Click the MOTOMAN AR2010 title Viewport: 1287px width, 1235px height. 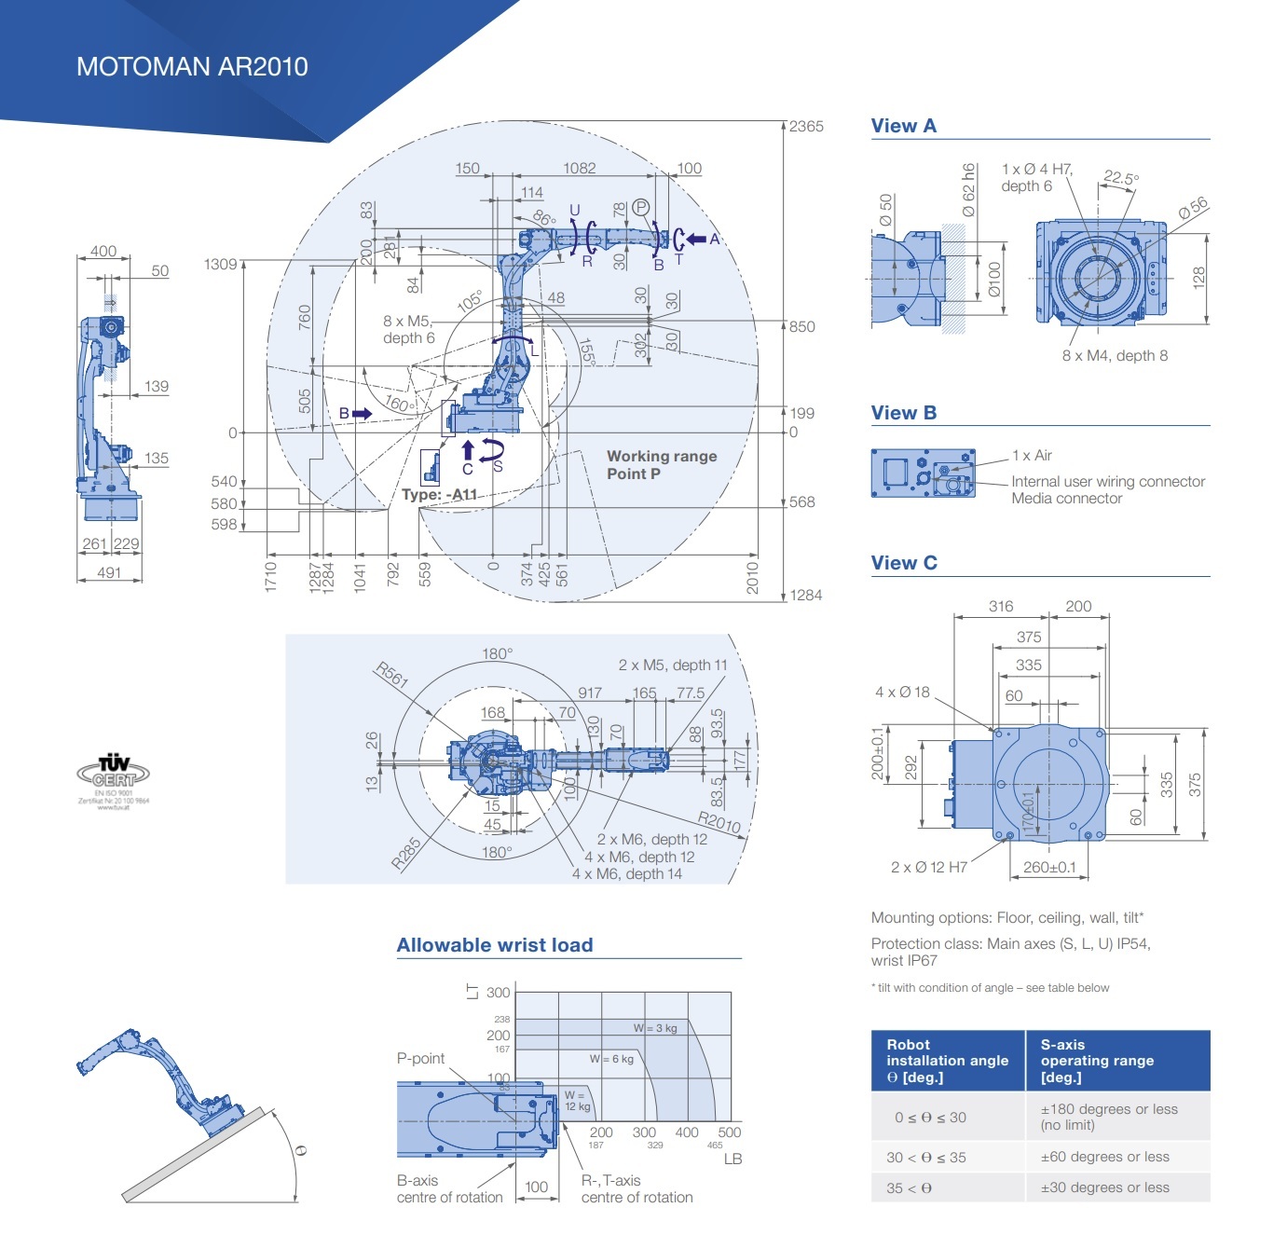[192, 67]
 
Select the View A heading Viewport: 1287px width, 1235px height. [903, 126]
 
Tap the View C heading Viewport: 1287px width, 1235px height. [904, 563]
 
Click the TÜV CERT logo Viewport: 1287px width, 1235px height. [114, 774]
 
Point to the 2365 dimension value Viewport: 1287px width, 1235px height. [806, 127]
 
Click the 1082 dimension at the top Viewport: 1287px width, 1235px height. [579, 169]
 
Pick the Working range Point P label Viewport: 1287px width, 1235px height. [662, 464]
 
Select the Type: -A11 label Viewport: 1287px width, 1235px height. [439, 495]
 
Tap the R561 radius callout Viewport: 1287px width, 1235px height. [391, 674]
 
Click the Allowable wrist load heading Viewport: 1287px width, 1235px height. [495, 945]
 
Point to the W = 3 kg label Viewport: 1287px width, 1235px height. [655, 1028]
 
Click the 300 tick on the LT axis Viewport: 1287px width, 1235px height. [498, 993]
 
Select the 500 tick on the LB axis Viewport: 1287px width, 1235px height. [730, 1132]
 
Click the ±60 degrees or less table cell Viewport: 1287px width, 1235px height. [1104, 1157]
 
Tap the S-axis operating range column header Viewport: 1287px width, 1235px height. [1097, 1061]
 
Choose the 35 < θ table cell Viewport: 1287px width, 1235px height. [910, 1187]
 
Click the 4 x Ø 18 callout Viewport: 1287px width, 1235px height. [902, 693]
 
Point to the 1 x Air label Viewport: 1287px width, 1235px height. [1032, 456]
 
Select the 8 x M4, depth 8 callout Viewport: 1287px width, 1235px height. [1115, 355]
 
